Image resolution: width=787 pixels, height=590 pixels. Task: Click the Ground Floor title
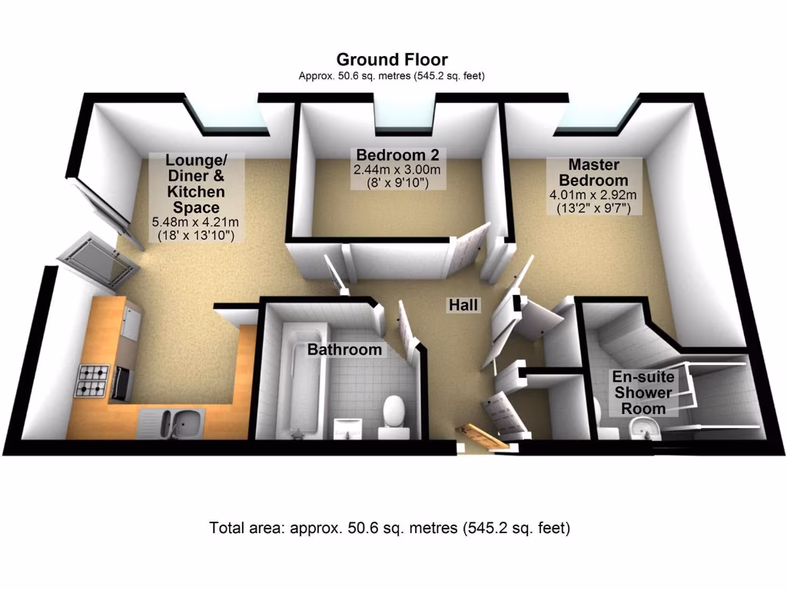[392, 60]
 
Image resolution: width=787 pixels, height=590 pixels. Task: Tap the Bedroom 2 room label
[397, 154]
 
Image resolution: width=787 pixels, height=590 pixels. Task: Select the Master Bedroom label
[594, 172]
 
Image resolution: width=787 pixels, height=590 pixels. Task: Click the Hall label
[463, 304]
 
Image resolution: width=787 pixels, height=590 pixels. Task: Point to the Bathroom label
[344, 350]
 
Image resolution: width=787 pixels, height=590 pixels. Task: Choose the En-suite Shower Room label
[643, 393]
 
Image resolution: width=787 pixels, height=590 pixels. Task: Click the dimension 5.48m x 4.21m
[195, 222]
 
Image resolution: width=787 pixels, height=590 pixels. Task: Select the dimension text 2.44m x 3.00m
[397, 170]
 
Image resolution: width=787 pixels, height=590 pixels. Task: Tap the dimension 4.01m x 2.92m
[593, 194]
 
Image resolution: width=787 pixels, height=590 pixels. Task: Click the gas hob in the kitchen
[92, 380]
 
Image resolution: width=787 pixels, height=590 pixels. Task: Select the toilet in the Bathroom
[393, 416]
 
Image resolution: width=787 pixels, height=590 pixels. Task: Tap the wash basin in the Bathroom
[348, 426]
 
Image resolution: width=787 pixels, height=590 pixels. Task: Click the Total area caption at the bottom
[390, 528]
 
